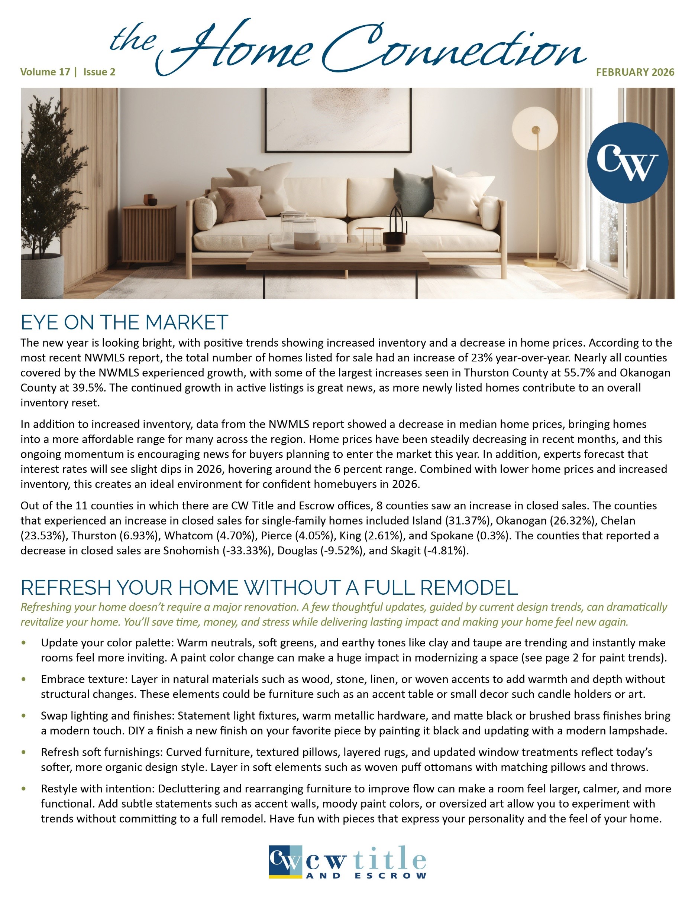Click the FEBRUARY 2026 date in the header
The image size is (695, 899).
click(635, 72)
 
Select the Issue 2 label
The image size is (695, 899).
click(99, 72)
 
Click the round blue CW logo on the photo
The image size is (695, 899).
click(627, 163)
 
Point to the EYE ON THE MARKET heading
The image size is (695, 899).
click(125, 322)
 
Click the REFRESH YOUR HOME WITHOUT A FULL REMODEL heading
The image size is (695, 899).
click(269, 587)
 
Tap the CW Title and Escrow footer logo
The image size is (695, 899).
click(347, 862)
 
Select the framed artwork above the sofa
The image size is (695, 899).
click(339, 119)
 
